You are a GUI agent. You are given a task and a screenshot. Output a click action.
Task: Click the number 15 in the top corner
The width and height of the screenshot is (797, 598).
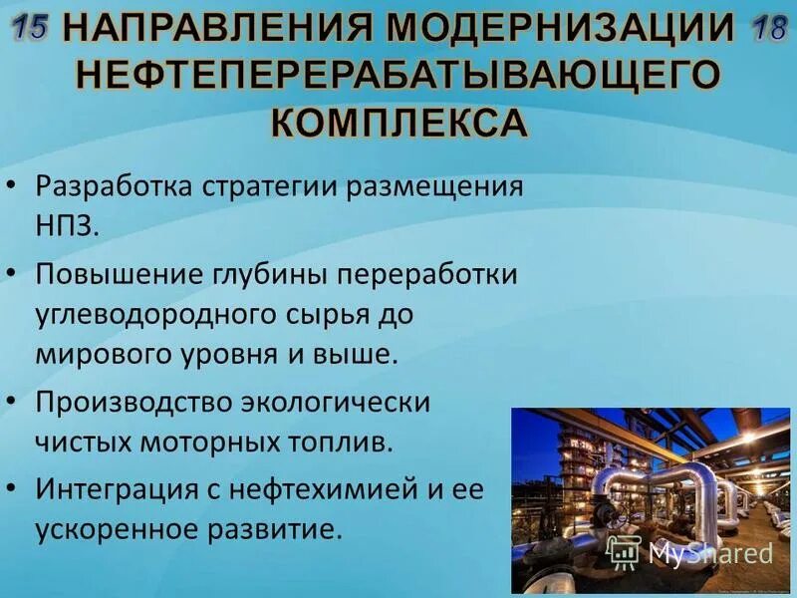pos(31,27)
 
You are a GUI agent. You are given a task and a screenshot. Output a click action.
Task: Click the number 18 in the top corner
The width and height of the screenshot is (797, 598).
pos(769,27)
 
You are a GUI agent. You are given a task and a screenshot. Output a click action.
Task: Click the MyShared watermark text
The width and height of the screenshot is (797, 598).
pos(709,553)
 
